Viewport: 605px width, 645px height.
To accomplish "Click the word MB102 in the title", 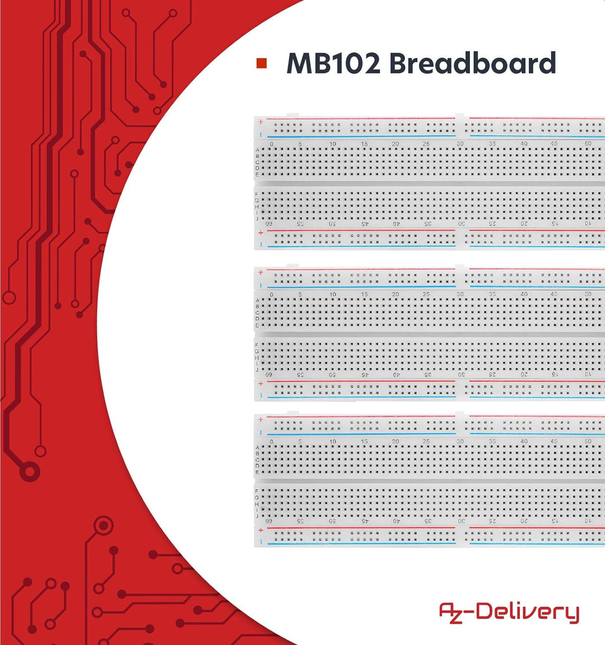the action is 333,63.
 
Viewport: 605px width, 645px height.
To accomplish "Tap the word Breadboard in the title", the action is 472,63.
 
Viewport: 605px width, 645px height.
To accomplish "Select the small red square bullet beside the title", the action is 262,63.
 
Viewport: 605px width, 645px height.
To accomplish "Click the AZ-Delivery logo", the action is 509,612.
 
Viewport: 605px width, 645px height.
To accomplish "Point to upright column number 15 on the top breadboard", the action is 364,144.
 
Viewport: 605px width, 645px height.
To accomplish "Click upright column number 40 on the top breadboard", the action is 524,144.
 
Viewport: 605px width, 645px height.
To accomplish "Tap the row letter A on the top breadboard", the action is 258,150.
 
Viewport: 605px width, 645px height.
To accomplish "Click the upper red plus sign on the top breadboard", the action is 260,121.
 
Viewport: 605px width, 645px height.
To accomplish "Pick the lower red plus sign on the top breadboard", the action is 260,233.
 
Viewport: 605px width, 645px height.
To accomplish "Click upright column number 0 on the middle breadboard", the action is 271,295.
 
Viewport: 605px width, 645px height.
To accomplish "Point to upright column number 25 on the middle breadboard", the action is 426,295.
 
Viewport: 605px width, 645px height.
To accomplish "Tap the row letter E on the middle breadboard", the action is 257,325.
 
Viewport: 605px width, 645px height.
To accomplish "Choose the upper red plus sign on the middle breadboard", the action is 260,272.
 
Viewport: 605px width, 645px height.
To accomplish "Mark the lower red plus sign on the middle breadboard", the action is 260,384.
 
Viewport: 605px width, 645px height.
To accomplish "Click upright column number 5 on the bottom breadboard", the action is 300,441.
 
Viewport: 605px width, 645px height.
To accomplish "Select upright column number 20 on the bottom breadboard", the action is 395,441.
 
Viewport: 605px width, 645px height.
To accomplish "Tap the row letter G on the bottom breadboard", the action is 257,497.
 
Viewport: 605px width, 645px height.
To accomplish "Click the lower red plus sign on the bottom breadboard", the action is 260,530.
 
